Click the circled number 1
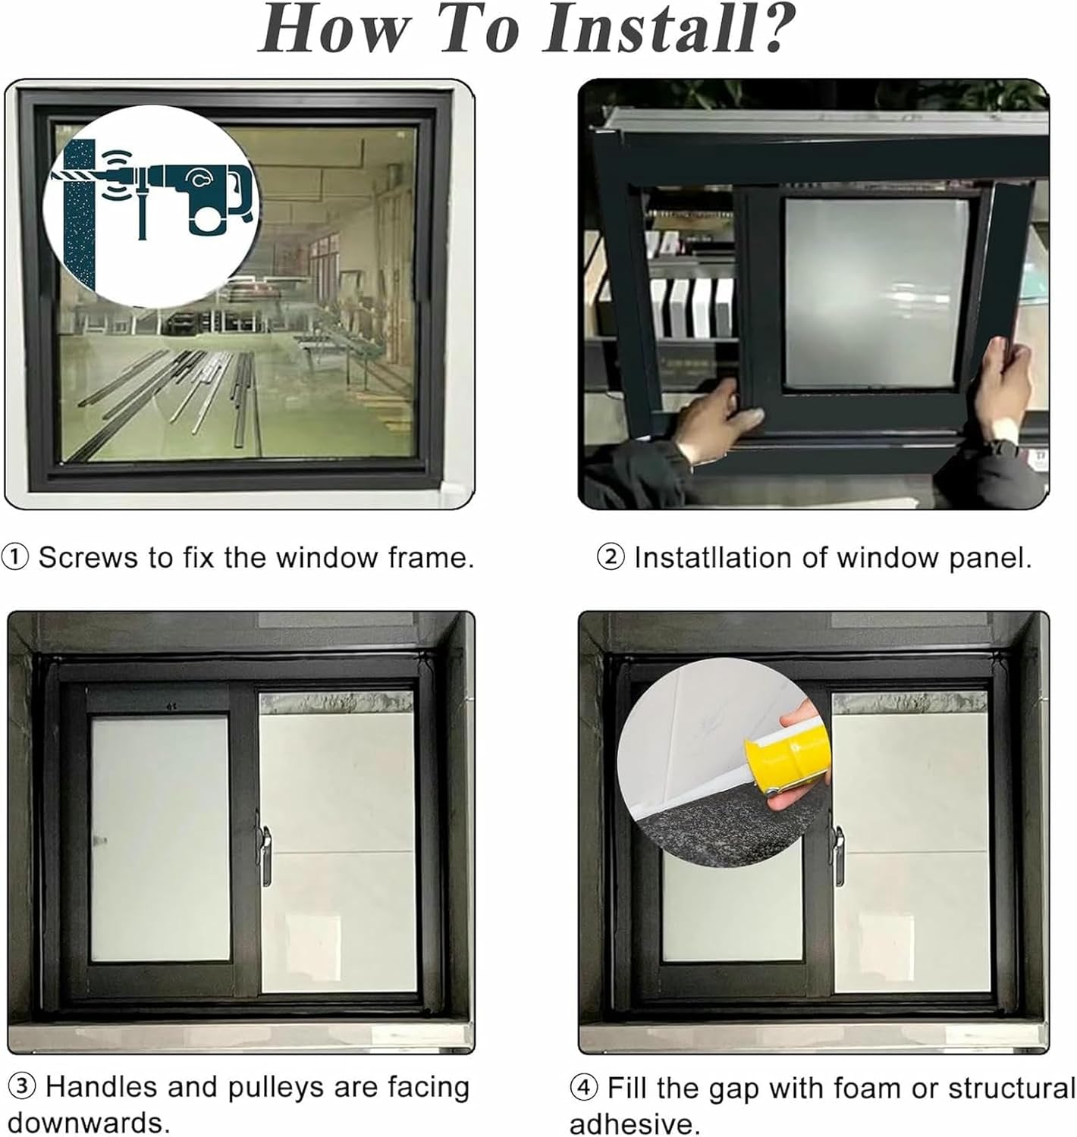(15, 558)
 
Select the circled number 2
(611, 558)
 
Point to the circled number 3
(22, 1087)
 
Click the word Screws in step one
(89, 558)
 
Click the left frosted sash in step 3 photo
(160, 838)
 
